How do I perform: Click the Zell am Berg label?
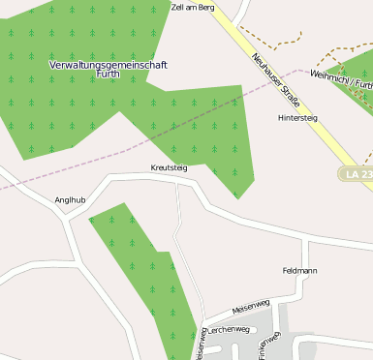(x=192, y=6)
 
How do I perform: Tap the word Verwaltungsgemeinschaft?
(x=109, y=64)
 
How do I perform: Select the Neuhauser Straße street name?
(x=275, y=81)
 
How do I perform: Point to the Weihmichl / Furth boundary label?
(x=341, y=76)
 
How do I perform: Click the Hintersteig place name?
(x=297, y=117)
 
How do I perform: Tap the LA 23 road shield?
(x=357, y=173)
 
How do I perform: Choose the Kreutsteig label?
(x=169, y=167)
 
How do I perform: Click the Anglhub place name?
(x=71, y=200)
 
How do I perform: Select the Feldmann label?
(x=299, y=270)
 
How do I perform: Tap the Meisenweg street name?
(x=251, y=308)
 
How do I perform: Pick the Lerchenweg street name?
(x=231, y=329)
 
